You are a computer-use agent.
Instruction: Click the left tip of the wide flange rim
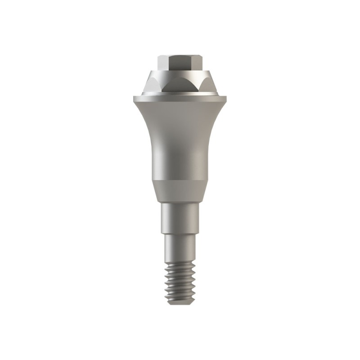pos(134,97)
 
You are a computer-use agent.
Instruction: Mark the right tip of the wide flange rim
pos(227,97)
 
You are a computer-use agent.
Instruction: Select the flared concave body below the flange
pos(180,135)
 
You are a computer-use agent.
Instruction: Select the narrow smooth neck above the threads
pos(180,250)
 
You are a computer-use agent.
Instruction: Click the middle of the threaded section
pos(180,282)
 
